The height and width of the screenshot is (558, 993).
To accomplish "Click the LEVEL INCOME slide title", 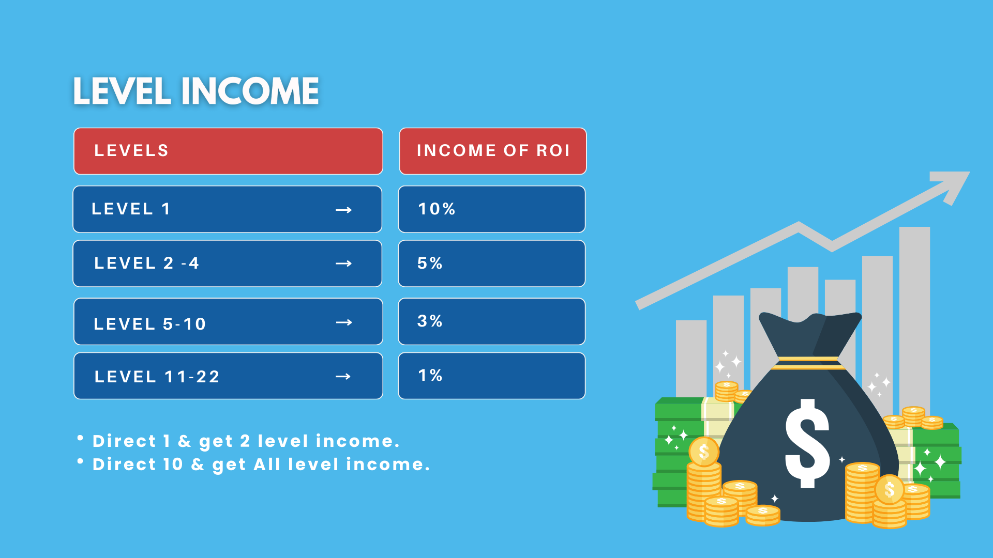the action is (x=195, y=91).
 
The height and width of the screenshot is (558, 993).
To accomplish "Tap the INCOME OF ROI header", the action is (x=493, y=150).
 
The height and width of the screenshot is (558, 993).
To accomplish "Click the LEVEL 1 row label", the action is (x=131, y=209).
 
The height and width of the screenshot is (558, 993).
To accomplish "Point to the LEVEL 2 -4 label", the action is (x=146, y=263).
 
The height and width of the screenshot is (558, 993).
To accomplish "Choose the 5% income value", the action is (x=430, y=263).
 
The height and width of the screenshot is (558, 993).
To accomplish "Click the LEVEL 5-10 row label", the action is (x=150, y=324).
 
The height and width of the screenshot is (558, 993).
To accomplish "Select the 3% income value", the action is (x=430, y=321).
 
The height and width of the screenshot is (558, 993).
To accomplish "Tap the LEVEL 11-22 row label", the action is (x=157, y=377).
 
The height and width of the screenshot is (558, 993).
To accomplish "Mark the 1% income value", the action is (x=430, y=375).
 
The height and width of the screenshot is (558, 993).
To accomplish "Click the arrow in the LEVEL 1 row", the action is (x=343, y=210).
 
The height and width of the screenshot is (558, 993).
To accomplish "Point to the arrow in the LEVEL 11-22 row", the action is (x=343, y=377).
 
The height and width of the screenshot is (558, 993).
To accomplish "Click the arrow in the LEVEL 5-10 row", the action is (x=343, y=322).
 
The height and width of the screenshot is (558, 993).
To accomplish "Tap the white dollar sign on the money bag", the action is (x=807, y=443).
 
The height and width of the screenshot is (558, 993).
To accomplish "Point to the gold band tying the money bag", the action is (x=808, y=363).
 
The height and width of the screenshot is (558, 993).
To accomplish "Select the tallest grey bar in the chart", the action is (x=914, y=320).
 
